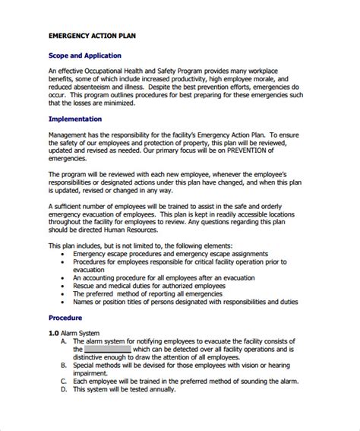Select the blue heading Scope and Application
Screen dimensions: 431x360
pos(84,55)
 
